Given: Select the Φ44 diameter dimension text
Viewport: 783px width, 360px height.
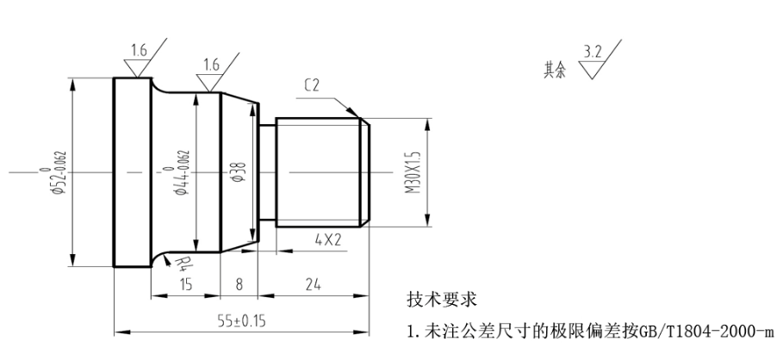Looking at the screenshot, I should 182,172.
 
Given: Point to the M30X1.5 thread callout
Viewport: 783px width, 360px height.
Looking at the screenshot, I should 413,173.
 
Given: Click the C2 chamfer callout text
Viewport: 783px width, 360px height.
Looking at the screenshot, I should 314,84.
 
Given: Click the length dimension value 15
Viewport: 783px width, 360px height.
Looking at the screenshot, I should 186,284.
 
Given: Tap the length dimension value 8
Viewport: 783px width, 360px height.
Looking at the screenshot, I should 239,284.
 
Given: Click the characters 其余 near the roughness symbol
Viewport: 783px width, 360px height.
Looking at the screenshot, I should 555,71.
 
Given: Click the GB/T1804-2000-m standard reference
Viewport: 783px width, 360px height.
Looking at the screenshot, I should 707,330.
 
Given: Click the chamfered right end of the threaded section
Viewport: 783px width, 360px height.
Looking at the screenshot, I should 366,172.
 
